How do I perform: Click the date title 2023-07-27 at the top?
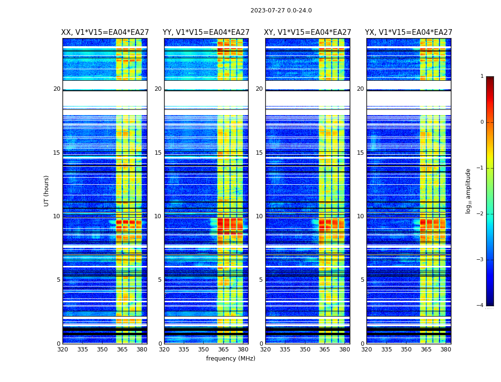(281, 11)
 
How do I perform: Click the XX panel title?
(105, 32)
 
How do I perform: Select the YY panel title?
(206, 32)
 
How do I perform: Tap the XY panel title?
(308, 32)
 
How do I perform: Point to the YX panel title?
(408, 32)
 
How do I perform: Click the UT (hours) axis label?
(47, 191)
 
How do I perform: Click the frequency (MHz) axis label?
(230, 359)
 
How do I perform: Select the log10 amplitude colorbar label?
(469, 191)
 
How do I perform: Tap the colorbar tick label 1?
(481, 76)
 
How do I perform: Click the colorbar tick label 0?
(481, 122)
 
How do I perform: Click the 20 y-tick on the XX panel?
(57, 89)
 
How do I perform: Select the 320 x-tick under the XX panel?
(63, 350)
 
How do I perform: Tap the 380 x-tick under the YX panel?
(446, 350)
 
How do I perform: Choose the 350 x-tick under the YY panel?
(204, 350)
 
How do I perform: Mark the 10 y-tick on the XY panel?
(259, 216)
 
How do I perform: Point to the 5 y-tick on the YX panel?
(362, 280)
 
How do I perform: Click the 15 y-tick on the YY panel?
(158, 153)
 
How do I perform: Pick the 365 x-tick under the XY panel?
(324, 350)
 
